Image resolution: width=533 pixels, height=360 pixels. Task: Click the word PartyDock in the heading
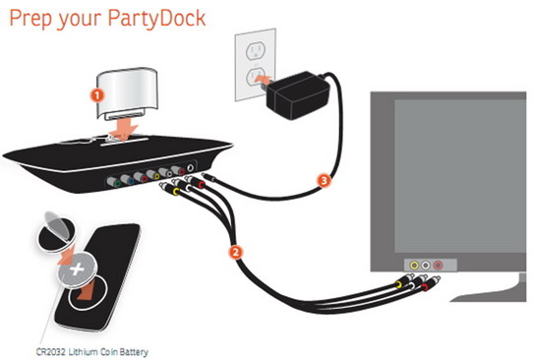click(156, 18)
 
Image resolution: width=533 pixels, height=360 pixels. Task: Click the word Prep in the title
click(30, 19)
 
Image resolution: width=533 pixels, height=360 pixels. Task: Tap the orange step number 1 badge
click(97, 95)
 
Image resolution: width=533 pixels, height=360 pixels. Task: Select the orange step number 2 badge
click(236, 252)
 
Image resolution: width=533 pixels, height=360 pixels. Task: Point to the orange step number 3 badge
click(324, 180)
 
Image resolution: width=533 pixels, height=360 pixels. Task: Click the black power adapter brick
click(297, 95)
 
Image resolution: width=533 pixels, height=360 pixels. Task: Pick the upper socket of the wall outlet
click(255, 51)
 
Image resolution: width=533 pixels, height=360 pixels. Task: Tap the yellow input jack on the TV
click(414, 265)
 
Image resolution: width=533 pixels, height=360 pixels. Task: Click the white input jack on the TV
click(426, 265)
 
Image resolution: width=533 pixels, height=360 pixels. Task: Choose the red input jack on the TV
click(438, 265)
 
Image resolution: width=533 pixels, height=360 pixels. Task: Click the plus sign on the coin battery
click(77, 270)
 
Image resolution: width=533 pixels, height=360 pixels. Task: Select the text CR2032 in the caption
click(51, 351)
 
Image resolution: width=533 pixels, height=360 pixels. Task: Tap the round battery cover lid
click(55, 229)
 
